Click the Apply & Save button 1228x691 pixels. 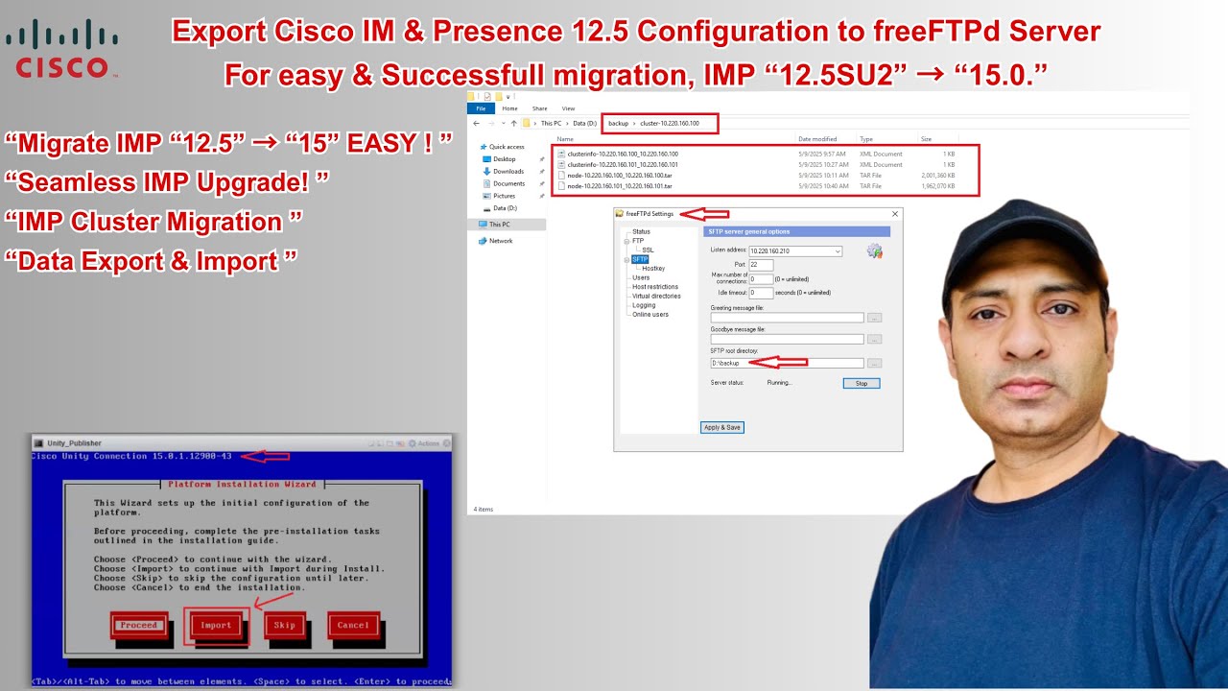[x=722, y=427]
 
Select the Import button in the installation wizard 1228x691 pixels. [x=216, y=625]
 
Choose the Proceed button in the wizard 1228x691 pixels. [x=139, y=625]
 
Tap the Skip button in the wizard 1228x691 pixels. [x=285, y=625]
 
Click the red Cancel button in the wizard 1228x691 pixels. [x=353, y=625]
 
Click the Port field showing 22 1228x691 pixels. [x=761, y=265]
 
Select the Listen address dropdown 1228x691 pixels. [x=795, y=251]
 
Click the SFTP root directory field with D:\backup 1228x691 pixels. [x=787, y=363]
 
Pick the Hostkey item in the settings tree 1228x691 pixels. [x=653, y=269]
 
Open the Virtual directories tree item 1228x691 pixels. [x=656, y=296]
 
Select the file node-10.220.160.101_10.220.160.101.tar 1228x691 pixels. [x=620, y=186]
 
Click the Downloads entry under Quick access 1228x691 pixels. [x=508, y=171]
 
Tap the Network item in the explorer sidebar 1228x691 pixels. [x=501, y=241]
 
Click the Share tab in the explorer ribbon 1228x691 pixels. [x=539, y=108]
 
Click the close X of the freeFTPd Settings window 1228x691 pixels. [x=895, y=214]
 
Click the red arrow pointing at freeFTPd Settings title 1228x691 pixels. [x=704, y=214]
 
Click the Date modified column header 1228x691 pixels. [x=817, y=139]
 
